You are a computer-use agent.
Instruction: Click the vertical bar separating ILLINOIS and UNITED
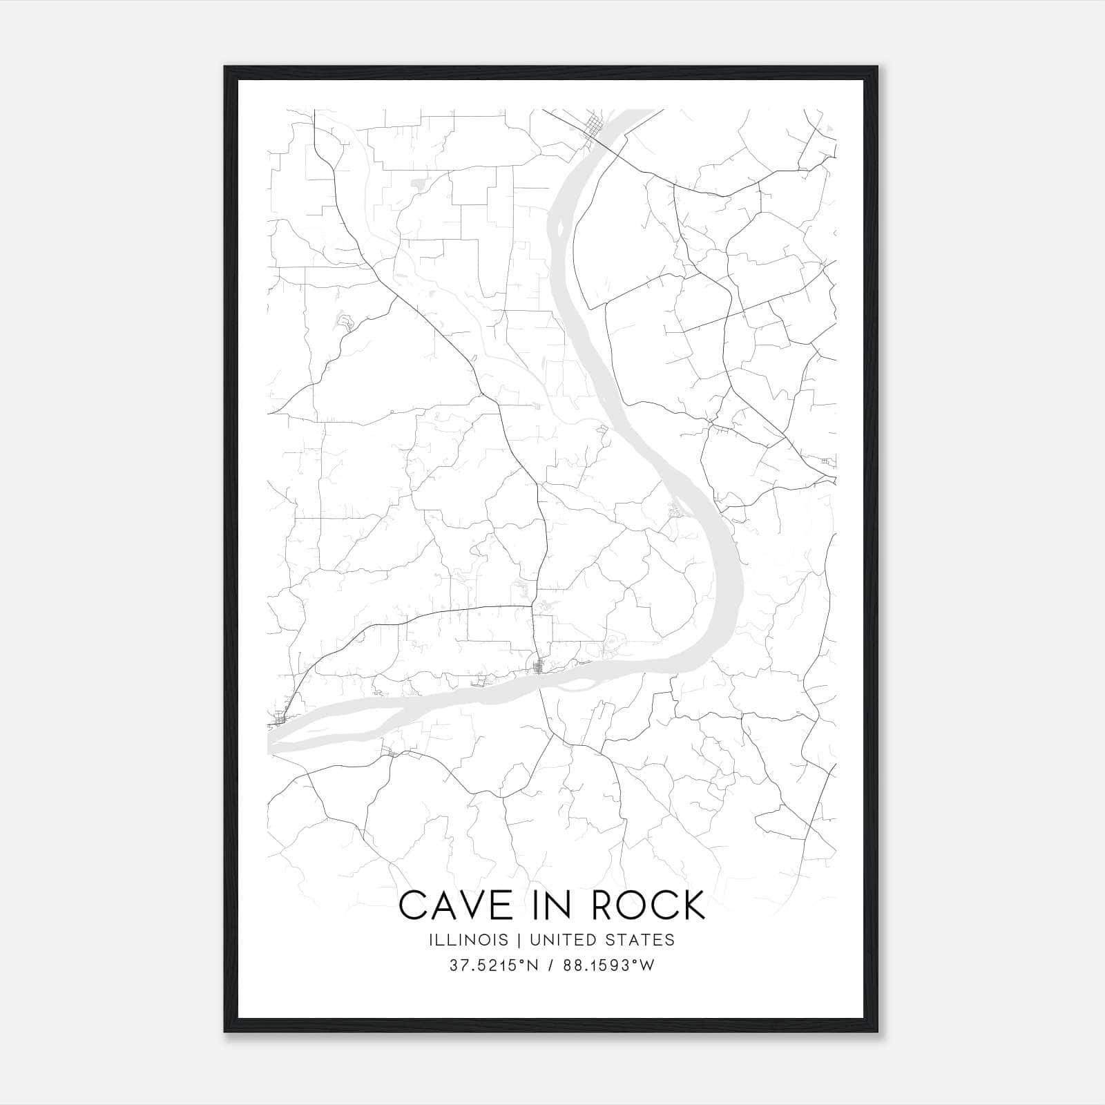click(x=511, y=940)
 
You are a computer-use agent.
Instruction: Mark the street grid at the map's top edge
click(x=593, y=128)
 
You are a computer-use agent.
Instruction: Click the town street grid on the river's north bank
click(x=539, y=666)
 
